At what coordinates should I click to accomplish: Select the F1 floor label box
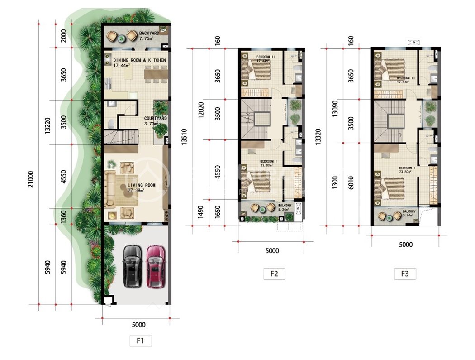140,341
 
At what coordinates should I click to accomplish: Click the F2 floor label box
274,274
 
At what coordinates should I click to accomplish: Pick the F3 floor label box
405,274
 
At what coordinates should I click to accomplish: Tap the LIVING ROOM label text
141,185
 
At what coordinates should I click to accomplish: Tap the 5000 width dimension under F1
139,325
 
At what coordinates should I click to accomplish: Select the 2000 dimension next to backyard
63,35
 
